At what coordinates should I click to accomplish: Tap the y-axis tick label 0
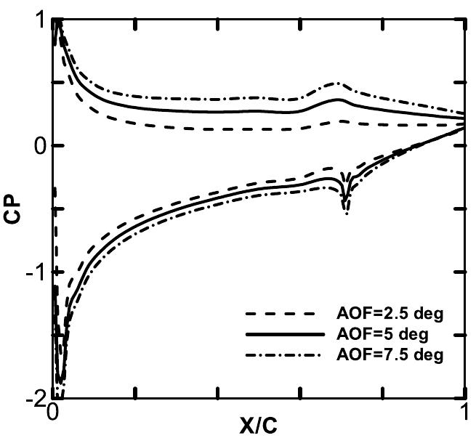tap(36, 145)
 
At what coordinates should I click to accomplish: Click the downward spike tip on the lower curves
tap(346, 214)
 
